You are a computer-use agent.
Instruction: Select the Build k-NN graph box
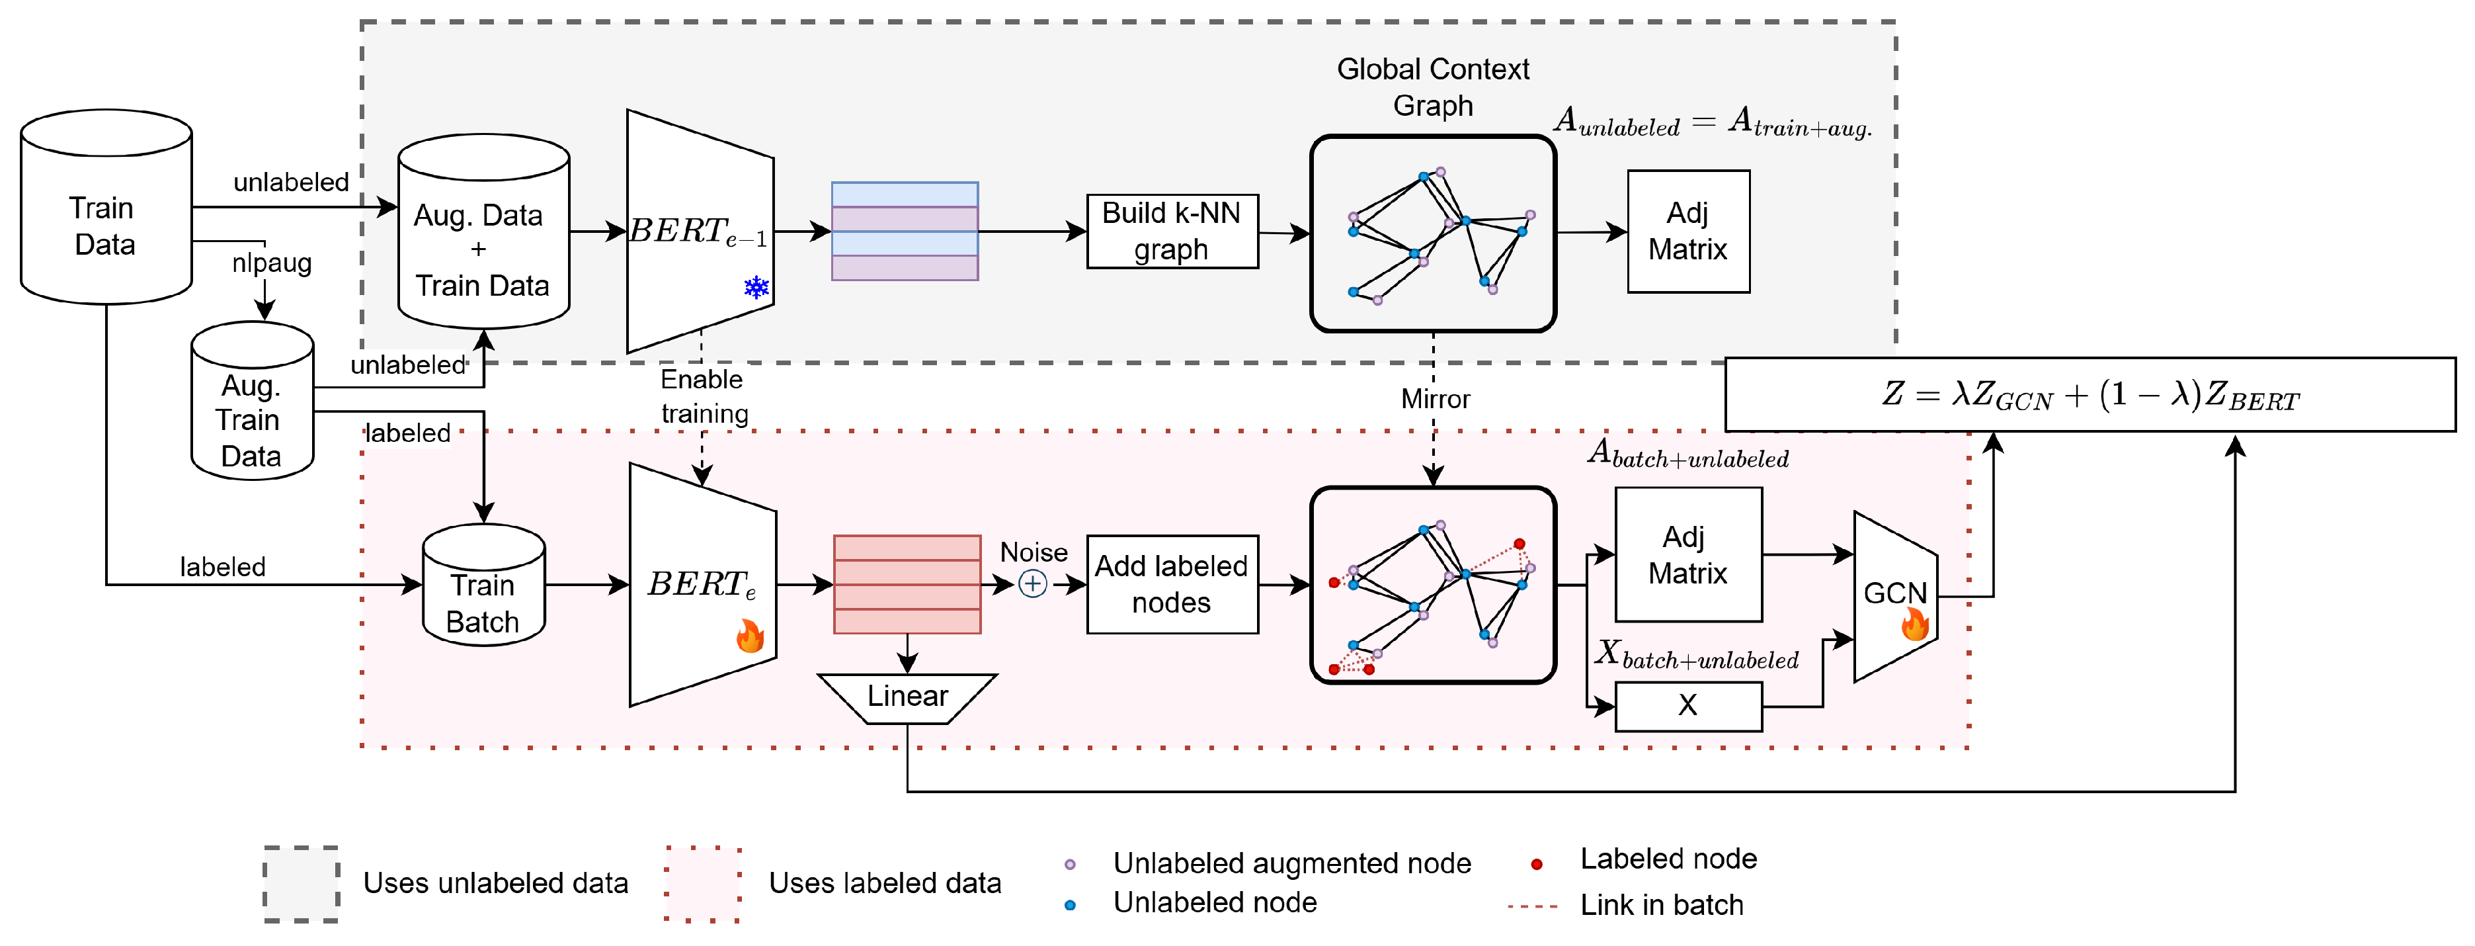pos(1171,231)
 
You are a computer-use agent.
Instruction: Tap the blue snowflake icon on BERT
pos(756,286)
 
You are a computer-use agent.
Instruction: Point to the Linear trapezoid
pos(907,697)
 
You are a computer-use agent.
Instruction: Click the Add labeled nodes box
pos(1171,583)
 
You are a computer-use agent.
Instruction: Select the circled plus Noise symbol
pos(1032,583)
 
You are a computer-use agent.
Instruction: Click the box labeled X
pos(1687,706)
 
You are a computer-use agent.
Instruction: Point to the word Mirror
pos(1434,399)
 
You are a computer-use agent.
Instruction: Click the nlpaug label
pos(271,263)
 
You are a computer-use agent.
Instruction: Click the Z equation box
pos(2090,394)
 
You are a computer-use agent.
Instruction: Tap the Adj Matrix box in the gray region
pos(1687,231)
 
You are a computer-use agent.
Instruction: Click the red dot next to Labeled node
pos(1536,864)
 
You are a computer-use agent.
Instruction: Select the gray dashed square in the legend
pos(301,884)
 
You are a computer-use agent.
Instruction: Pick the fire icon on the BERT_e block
pos(749,636)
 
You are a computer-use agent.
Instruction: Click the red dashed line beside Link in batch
pos(1533,906)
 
